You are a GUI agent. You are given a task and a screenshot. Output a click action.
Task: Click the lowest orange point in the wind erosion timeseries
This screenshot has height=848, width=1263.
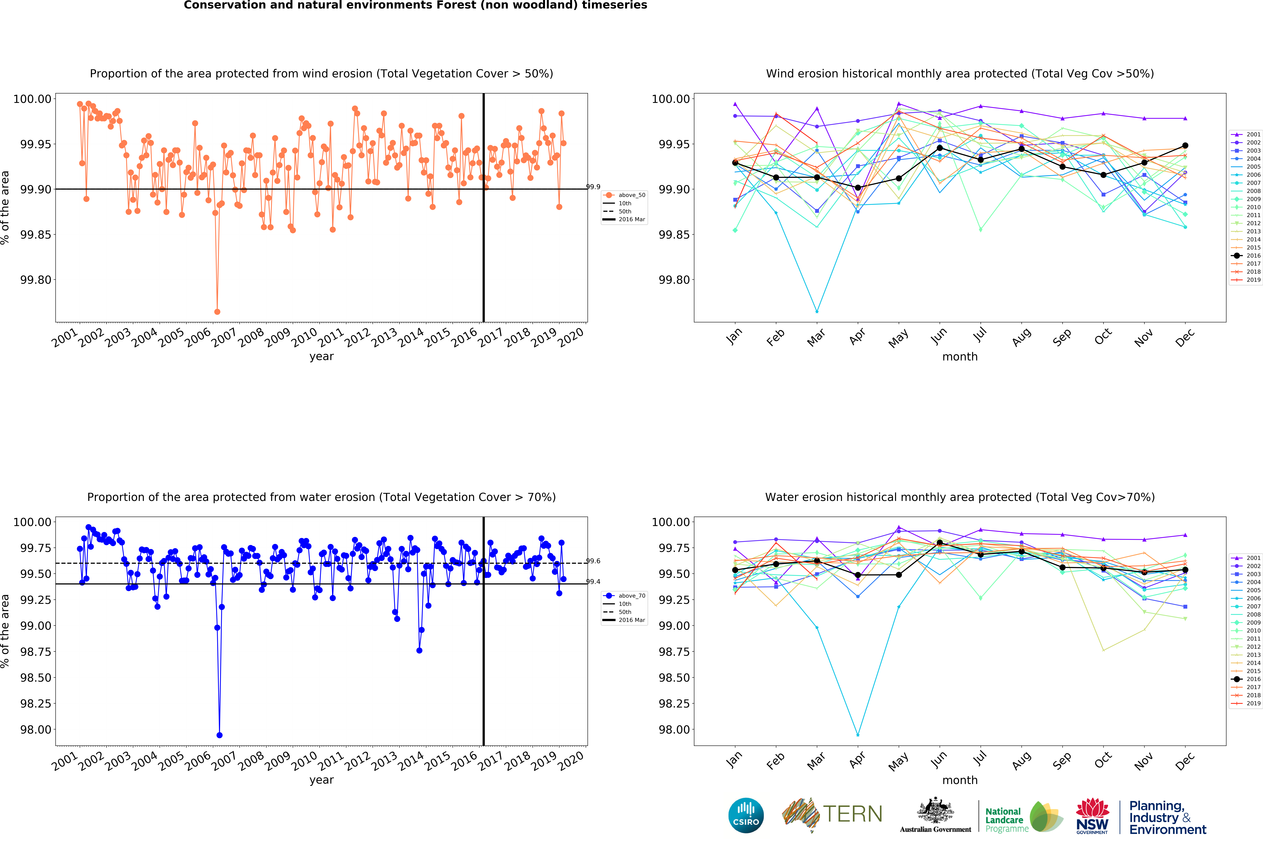coord(217,311)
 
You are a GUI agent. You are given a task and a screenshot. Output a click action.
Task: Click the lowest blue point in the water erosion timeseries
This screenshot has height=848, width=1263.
coord(219,735)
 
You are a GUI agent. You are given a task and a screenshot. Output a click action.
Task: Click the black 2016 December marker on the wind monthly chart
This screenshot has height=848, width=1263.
coord(1185,146)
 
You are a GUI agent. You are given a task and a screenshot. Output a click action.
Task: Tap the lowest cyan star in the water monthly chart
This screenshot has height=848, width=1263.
coord(858,735)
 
